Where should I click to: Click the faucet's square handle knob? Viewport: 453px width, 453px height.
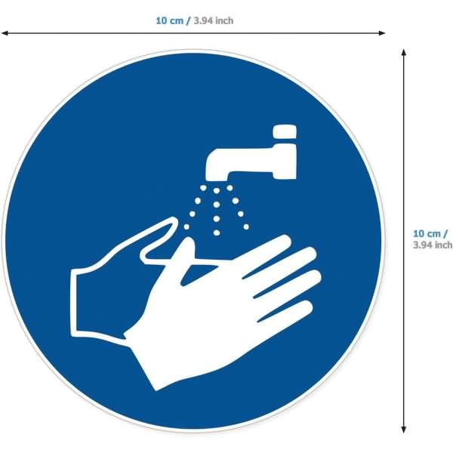click(x=285, y=131)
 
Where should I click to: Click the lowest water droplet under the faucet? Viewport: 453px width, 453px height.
click(x=217, y=233)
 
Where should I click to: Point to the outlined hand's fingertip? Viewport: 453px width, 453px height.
click(x=174, y=220)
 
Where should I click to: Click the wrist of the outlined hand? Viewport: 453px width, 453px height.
click(x=74, y=303)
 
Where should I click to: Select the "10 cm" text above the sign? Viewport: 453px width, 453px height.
click(x=170, y=21)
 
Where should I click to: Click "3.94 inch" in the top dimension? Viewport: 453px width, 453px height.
click(x=214, y=21)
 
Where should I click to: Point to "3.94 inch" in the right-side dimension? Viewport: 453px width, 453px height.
click(x=433, y=245)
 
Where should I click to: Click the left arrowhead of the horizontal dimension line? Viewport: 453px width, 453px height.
click(x=5, y=33)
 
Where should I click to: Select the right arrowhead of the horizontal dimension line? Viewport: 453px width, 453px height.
click(x=382, y=33)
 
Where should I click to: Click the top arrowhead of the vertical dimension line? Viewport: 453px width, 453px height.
click(x=404, y=52)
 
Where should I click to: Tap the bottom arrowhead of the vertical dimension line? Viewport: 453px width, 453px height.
click(x=404, y=430)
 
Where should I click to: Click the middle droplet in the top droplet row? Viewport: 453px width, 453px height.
click(x=217, y=191)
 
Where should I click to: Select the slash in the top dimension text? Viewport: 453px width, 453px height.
click(x=188, y=21)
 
